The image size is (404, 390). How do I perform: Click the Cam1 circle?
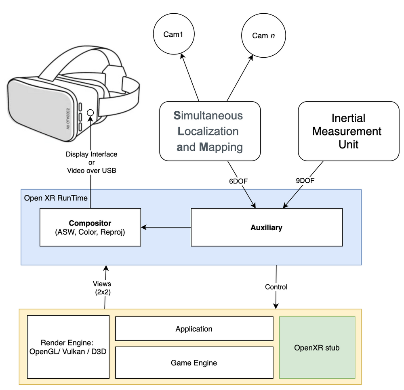(173, 35)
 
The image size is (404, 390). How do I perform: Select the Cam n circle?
(263, 35)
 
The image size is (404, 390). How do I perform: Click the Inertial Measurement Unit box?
(348, 131)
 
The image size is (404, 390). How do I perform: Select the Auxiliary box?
(266, 227)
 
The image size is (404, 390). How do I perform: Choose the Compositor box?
(90, 227)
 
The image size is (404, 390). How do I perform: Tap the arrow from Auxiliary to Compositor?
(166, 227)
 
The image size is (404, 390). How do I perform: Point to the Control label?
(276, 287)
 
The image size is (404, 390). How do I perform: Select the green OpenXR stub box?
(317, 347)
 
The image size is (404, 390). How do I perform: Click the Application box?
(194, 329)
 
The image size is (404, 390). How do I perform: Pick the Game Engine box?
(194, 363)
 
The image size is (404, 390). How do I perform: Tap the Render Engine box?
(68, 347)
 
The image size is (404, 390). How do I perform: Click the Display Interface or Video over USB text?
(91, 162)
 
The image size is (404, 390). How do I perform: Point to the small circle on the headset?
(90, 113)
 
